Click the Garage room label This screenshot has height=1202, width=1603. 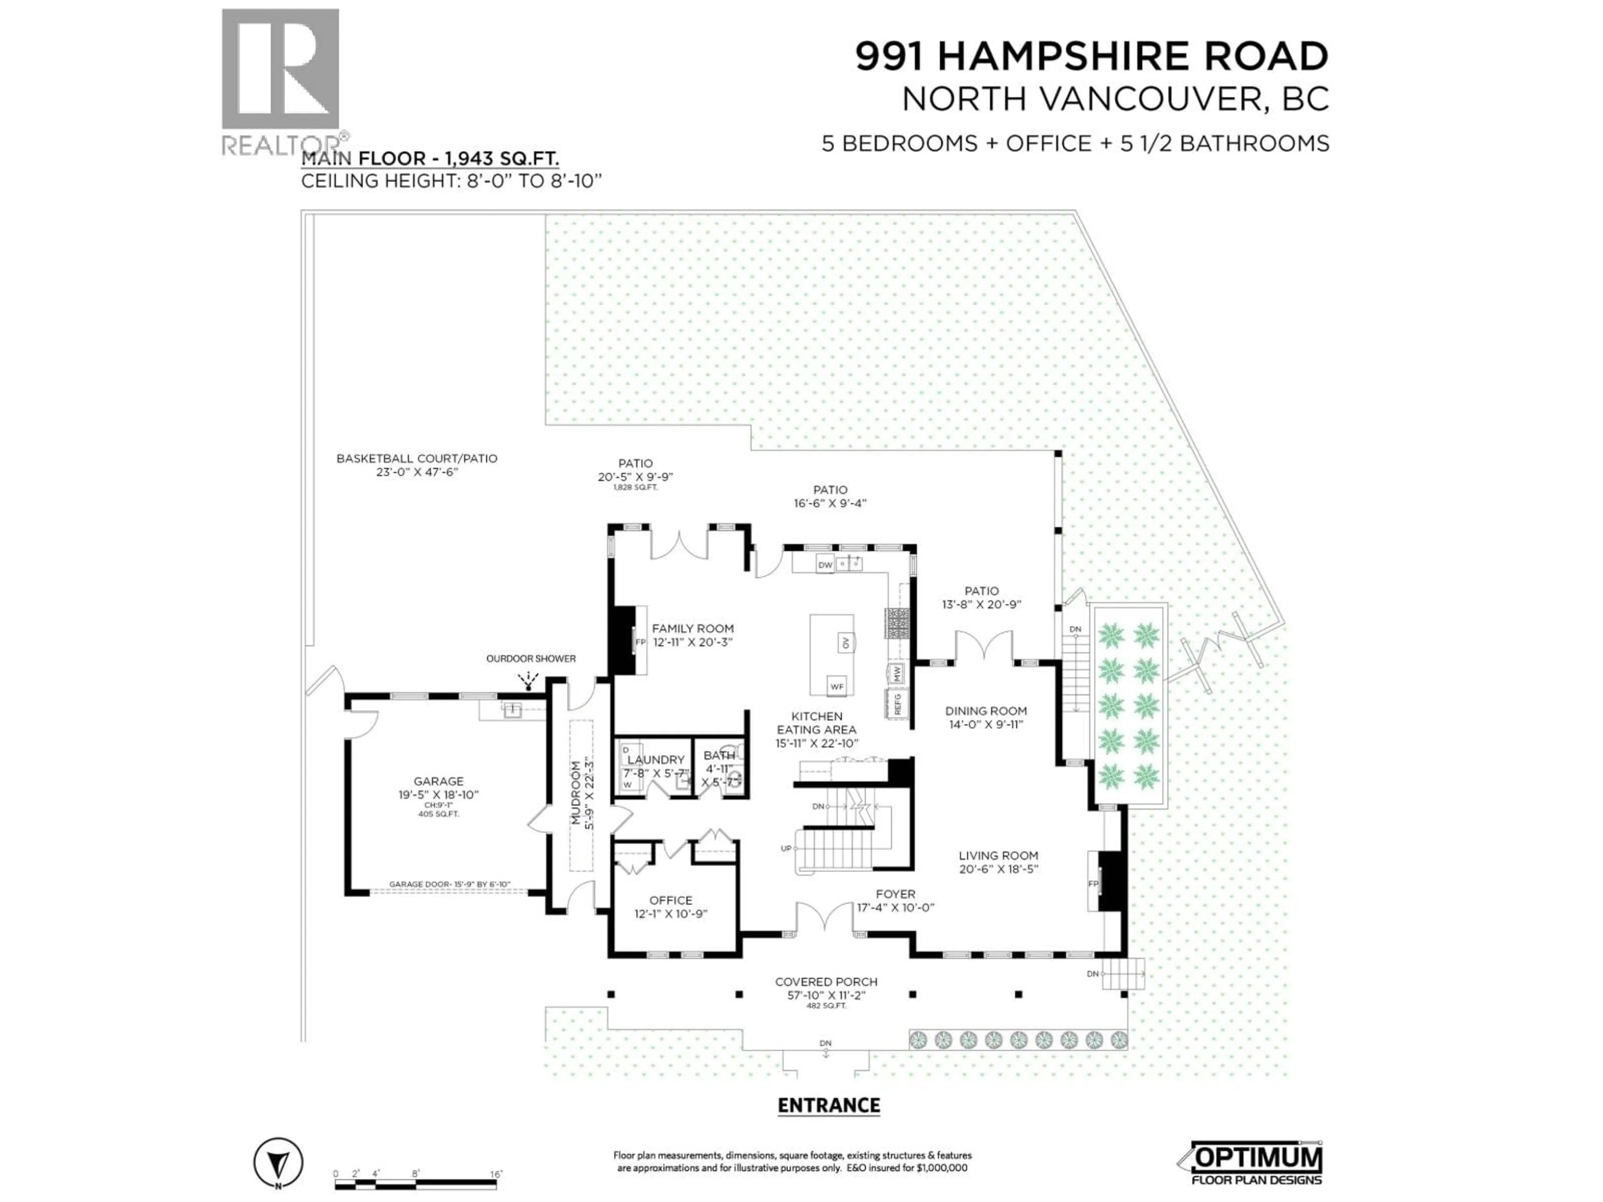tap(438, 781)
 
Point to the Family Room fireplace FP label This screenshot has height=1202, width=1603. tap(640, 642)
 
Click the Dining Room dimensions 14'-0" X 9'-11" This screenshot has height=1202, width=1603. tap(986, 725)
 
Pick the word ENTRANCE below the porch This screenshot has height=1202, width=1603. tap(828, 1105)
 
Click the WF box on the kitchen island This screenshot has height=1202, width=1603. tap(837, 685)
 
